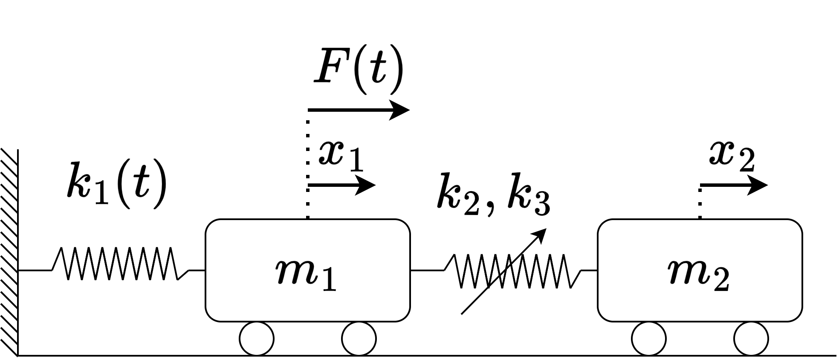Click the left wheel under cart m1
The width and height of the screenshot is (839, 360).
[x=257, y=339]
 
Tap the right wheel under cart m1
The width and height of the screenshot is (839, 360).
[x=359, y=339]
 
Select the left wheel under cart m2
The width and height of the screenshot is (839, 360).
[x=649, y=339]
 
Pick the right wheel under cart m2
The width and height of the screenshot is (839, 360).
[x=751, y=339]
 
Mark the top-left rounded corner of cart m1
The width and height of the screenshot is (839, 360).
[x=211, y=224]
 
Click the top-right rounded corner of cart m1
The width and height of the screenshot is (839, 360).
[x=405, y=224]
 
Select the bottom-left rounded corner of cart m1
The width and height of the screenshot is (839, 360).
[x=211, y=316]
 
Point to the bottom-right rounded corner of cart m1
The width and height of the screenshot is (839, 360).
[x=405, y=316]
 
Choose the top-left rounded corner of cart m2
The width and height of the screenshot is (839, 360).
[x=603, y=224]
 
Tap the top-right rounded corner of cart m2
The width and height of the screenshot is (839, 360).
[x=797, y=224]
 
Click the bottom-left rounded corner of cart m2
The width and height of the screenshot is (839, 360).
[x=603, y=316]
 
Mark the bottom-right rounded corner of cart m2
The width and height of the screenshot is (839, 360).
[x=797, y=316]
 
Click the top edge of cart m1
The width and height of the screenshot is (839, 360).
[x=308, y=221]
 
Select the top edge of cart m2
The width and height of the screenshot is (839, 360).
[x=700, y=221]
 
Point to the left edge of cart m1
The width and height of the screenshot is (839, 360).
[x=207, y=270]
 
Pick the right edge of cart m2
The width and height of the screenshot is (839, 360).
[x=801, y=270]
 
